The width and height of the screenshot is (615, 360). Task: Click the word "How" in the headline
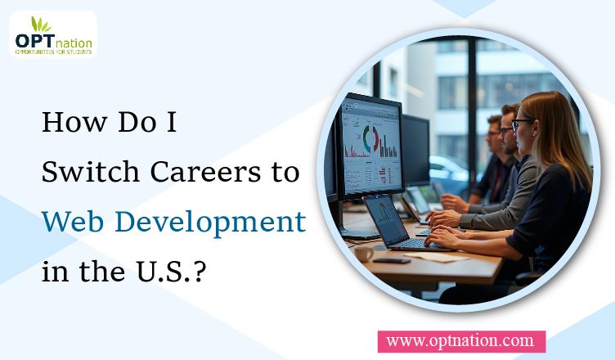(74, 122)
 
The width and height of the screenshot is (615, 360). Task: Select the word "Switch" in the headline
(91, 172)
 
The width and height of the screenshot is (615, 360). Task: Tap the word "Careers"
(205, 172)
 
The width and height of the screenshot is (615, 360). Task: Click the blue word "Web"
(73, 222)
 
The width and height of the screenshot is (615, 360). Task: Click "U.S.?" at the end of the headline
(171, 272)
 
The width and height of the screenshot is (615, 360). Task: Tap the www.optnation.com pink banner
(461, 341)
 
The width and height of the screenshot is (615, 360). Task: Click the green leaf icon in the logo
(40, 25)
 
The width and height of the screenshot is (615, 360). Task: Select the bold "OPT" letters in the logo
(34, 41)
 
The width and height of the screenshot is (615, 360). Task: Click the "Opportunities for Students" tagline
(53, 52)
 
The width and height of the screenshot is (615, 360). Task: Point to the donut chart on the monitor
(370, 138)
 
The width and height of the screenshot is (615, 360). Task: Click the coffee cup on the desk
(364, 254)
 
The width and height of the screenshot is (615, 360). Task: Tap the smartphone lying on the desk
(391, 260)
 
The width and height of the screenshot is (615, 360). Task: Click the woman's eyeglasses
(520, 124)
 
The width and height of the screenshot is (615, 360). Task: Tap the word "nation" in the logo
(74, 43)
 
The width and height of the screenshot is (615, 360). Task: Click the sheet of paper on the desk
(436, 257)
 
